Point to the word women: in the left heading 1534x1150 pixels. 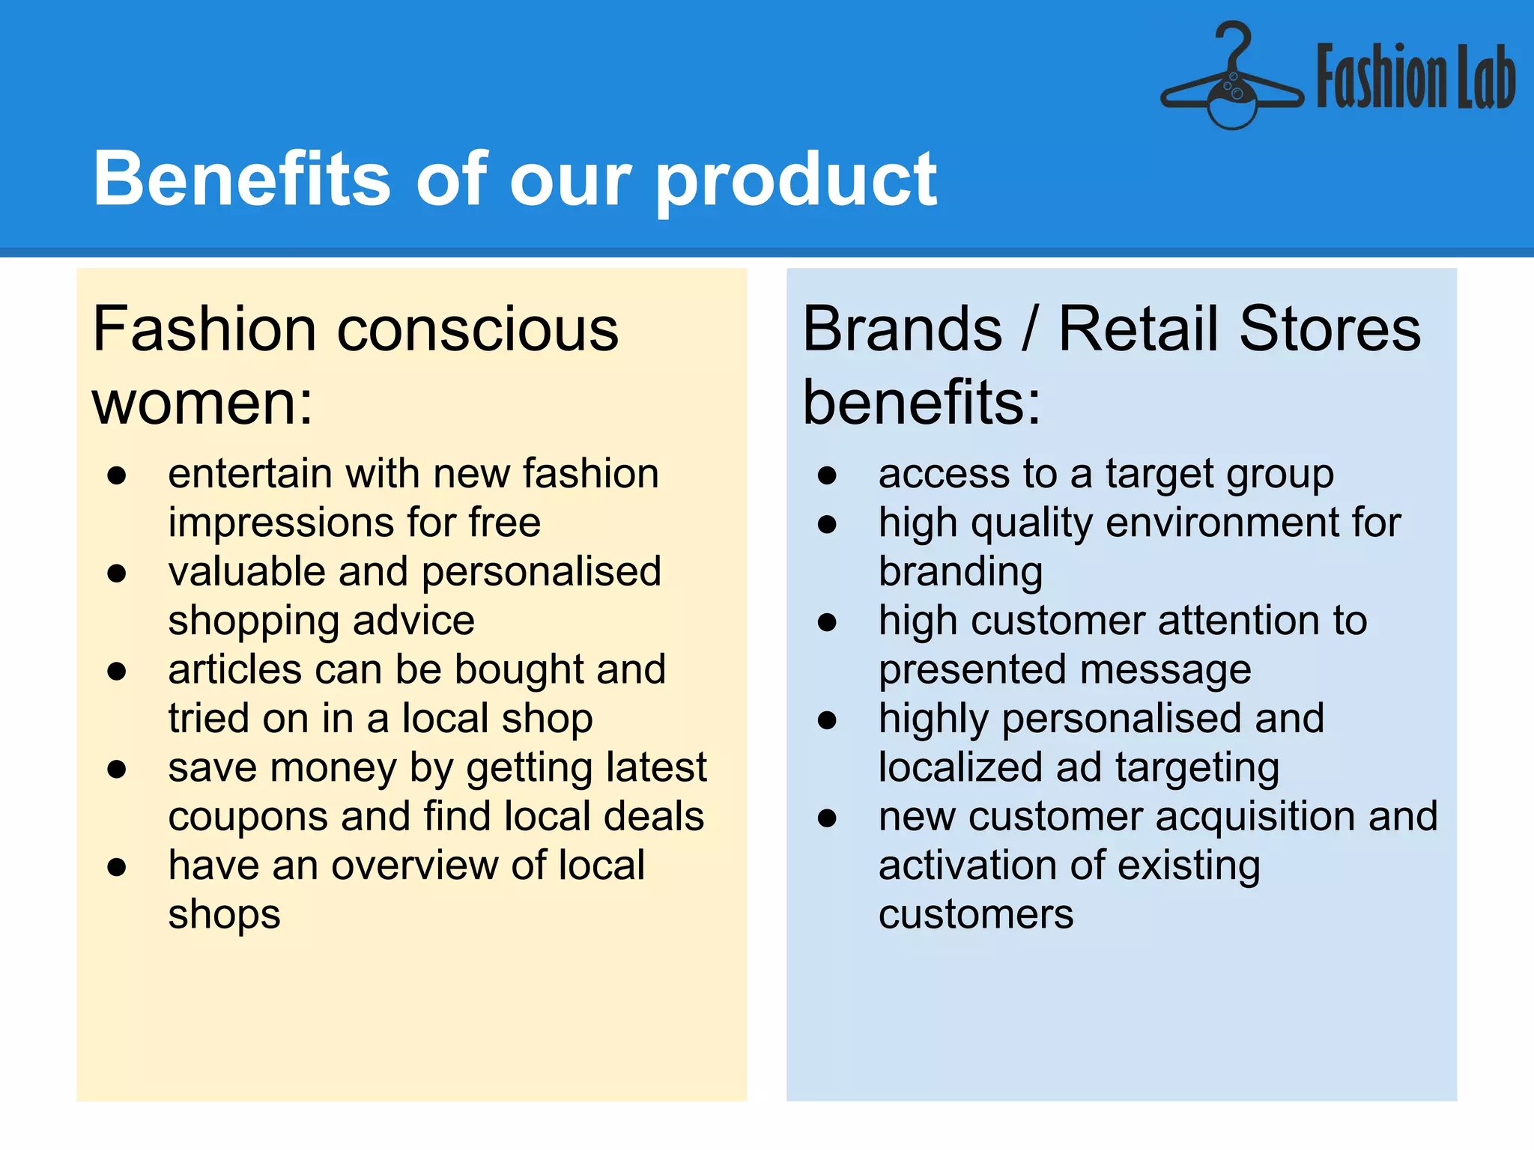(x=202, y=403)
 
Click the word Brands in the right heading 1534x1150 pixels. (x=902, y=329)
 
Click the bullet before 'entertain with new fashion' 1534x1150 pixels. (x=116, y=475)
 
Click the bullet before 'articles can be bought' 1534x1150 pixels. (x=116, y=671)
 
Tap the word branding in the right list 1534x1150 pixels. (x=960, y=572)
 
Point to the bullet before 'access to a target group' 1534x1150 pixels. (x=827, y=475)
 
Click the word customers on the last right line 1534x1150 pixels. (x=975, y=914)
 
